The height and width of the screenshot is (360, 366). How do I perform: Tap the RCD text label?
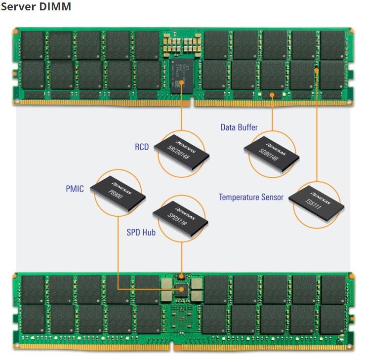click(142, 147)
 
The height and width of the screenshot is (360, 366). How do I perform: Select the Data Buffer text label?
click(239, 127)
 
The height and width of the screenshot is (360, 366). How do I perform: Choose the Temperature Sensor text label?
click(251, 197)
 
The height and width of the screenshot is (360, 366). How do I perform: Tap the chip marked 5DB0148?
click(272, 151)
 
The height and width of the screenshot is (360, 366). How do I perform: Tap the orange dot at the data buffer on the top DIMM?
click(272, 94)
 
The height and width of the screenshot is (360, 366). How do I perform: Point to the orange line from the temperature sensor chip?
click(316, 128)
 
